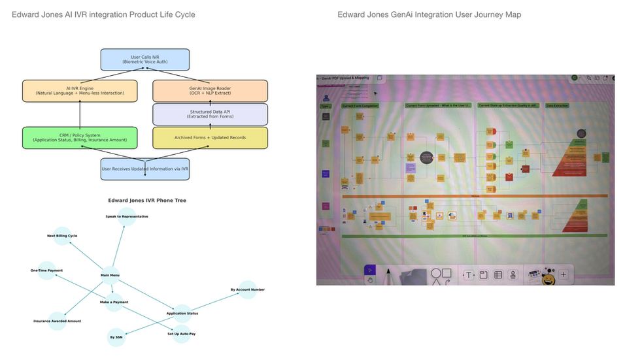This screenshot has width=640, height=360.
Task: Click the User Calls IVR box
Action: click(x=144, y=59)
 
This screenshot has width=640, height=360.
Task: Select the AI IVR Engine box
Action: click(x=80, y=91)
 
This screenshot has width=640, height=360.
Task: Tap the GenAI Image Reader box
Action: click(x=210, y=91)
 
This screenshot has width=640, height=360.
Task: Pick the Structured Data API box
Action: click(x=210, y=114)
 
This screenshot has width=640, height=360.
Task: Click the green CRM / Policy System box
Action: click(x=80, y=137)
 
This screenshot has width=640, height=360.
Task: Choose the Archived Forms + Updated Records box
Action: click(x=210, y=137)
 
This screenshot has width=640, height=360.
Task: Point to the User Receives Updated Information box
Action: click(x=144, y=169)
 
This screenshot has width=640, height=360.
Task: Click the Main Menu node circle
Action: click(x=110, y=275)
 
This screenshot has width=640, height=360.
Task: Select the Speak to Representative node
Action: click(x=127, y=216)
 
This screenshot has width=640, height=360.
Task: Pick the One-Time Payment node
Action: click(x=46, y=270)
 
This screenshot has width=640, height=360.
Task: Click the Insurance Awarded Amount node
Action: click(x=58, y=321)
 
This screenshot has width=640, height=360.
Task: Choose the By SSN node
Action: click(x=116, y=337)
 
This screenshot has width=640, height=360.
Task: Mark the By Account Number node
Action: click(x=247, y=289)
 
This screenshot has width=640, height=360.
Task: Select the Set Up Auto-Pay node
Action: click(x=181, y=333)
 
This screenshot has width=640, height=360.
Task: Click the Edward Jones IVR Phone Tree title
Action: click(x=147, y=201)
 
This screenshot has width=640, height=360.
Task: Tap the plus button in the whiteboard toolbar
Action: click(x=564, y=275)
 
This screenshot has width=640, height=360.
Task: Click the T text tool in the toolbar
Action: click(x=469, y=275)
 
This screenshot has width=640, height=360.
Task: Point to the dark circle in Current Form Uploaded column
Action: click(x=426, y=157)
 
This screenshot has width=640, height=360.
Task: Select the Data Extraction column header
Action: click(x=557, y=105)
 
